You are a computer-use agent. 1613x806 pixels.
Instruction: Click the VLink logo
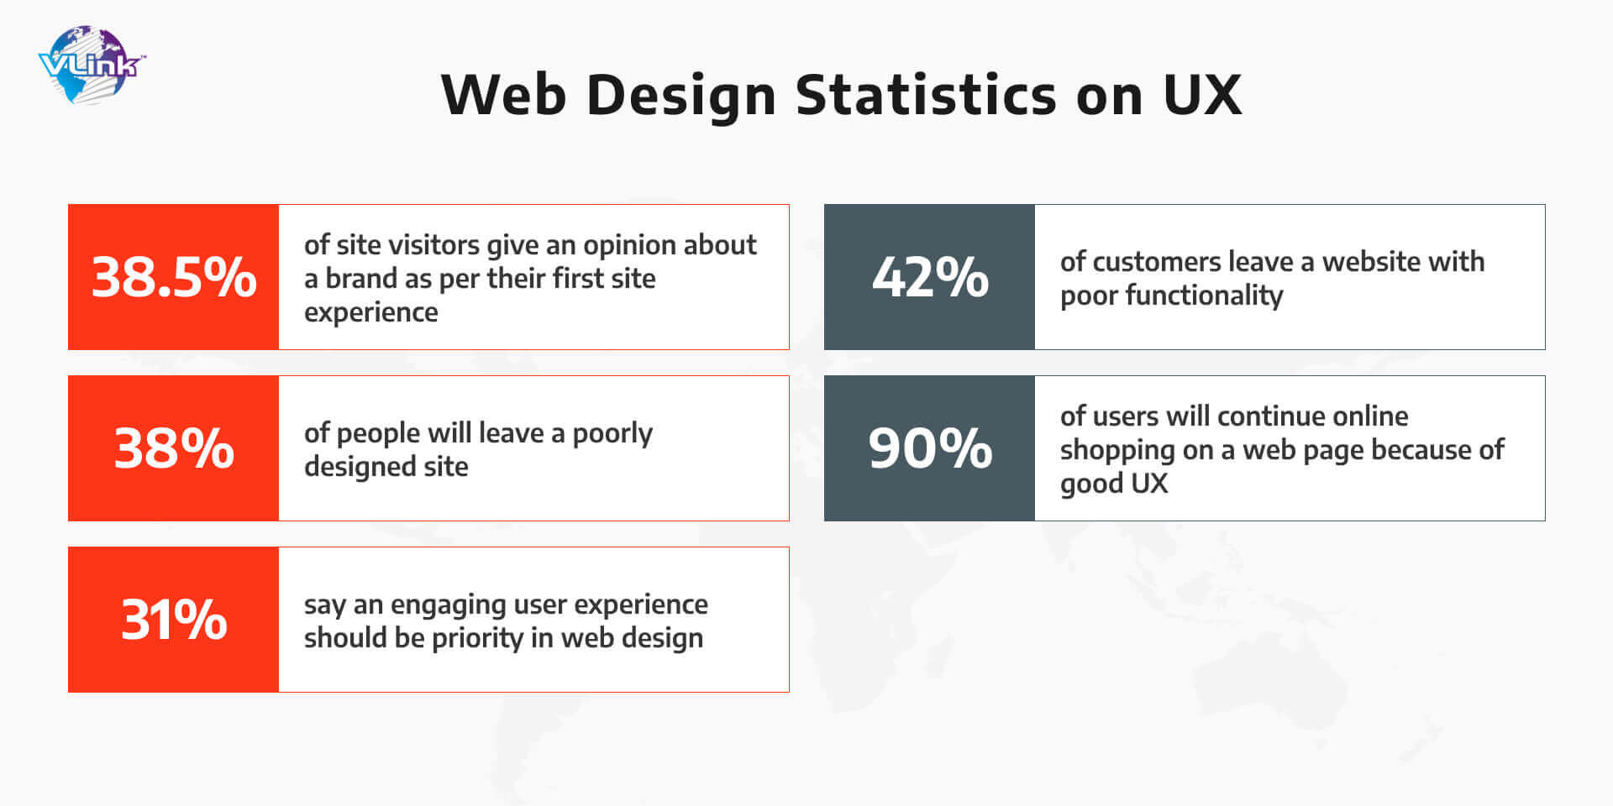tap(92, 65)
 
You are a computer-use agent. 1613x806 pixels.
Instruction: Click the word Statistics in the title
tap(926, 94)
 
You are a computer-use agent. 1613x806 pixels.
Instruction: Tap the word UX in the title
tap(1202, 94)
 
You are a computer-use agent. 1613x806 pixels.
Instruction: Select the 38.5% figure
tap(174, 277)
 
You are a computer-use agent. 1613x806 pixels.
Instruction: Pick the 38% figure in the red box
tap(174, 448)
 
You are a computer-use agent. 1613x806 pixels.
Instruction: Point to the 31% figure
tap(174, 620)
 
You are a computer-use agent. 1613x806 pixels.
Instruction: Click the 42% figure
tap(930, 277)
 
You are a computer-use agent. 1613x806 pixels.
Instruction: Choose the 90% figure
tap(930, 448)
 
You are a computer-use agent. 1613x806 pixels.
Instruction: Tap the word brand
tap(361, 278)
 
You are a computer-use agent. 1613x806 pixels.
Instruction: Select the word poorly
tap(612, 434)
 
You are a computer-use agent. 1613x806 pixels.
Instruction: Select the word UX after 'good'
tap(1149, 484)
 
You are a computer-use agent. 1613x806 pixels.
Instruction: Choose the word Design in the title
tap(681, 96)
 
